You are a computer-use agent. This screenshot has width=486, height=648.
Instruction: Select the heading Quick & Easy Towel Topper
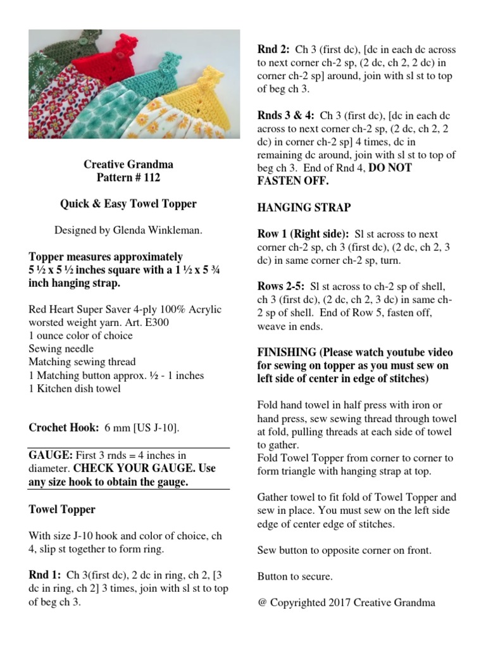pos(128,204)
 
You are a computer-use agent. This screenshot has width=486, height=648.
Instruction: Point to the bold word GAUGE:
pos(51,455)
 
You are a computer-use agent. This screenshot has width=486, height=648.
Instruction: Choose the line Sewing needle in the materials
pos(61,349)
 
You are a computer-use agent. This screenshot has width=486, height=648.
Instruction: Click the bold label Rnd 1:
pos(45,575)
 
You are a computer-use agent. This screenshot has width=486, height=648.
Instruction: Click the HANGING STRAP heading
pos(304,208)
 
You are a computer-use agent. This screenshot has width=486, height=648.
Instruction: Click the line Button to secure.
pos(295,576)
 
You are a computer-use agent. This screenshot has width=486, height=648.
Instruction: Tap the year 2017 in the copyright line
pos(339,602)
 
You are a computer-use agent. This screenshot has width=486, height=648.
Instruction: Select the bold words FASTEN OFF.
pos(284,181)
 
